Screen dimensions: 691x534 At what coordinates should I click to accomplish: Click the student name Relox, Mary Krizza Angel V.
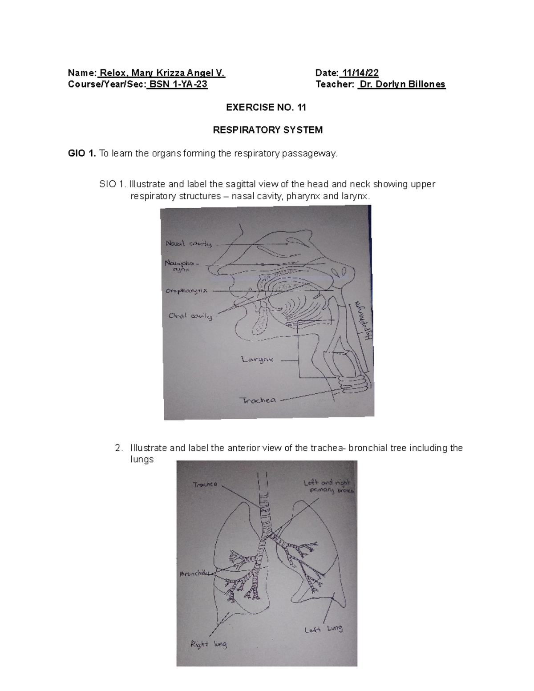pos(163,73)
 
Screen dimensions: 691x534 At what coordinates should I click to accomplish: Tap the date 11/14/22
pos(359,73)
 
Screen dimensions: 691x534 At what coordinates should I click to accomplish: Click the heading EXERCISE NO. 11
pos(267,107)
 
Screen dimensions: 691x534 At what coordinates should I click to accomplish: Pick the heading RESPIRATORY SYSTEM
pos(267,130)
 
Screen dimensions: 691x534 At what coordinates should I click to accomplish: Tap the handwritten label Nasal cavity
pos(189,244)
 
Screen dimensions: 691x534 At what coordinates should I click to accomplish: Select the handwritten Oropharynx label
pos(186,291)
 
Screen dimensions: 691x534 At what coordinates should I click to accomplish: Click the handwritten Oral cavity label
pos(190,316)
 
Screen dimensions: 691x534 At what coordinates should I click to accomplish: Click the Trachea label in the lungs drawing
pos(205,485)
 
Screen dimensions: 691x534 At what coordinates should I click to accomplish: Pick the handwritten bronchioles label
pos(194,574)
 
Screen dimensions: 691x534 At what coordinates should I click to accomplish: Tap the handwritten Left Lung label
pos(324,629)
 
